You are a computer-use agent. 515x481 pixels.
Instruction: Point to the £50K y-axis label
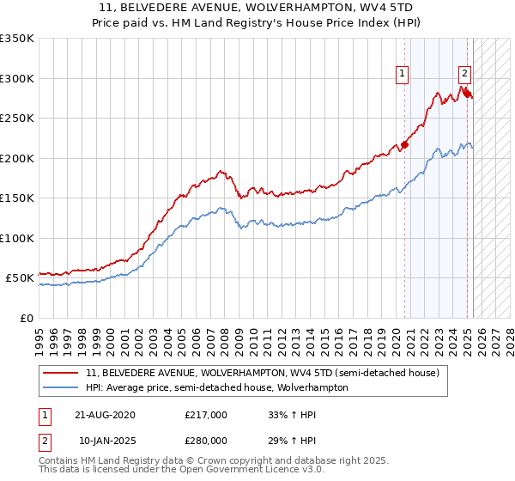click(x=19, y=278)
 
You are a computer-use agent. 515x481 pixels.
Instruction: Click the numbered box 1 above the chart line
click(x=401, y=75)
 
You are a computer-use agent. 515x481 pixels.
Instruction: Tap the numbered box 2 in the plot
click(x=464, y=74)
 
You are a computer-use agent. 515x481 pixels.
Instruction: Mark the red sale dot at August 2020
click(x=405, y=144)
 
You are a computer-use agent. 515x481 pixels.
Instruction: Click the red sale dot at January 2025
click(x=469, y=94)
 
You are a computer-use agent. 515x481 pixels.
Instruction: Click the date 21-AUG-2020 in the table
click(x=105, y=415)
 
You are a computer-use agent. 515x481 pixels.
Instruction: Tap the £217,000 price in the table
click(x=206, y=415)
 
